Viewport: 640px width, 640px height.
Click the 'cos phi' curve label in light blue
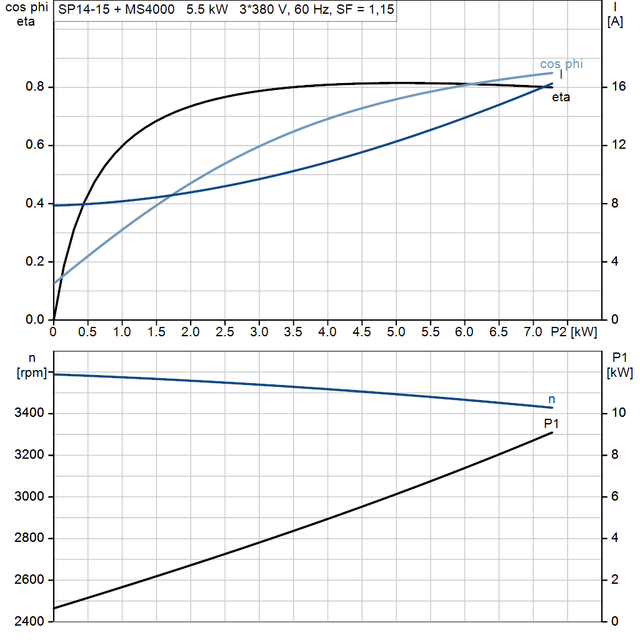(x=561, y=64)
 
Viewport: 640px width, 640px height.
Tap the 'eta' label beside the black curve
(x=561, y=97)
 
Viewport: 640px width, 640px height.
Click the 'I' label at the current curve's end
(x=561, y=75)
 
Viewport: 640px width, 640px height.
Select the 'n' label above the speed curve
(x=551, y=399)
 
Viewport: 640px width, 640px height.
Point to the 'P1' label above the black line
(x=551, y=424)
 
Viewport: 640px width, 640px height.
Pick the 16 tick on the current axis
(x=618, y=87)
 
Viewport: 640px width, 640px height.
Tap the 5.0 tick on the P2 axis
(x=396, y=332)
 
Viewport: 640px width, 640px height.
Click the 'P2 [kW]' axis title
(x=574, y=332)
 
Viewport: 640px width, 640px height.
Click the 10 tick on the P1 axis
(x=618, y=413)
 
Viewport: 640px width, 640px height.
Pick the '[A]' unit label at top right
(x=615, y=22)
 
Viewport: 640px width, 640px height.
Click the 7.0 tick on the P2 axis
(x=532, y=332)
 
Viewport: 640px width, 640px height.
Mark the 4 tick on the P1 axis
(x=615, y=538)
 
